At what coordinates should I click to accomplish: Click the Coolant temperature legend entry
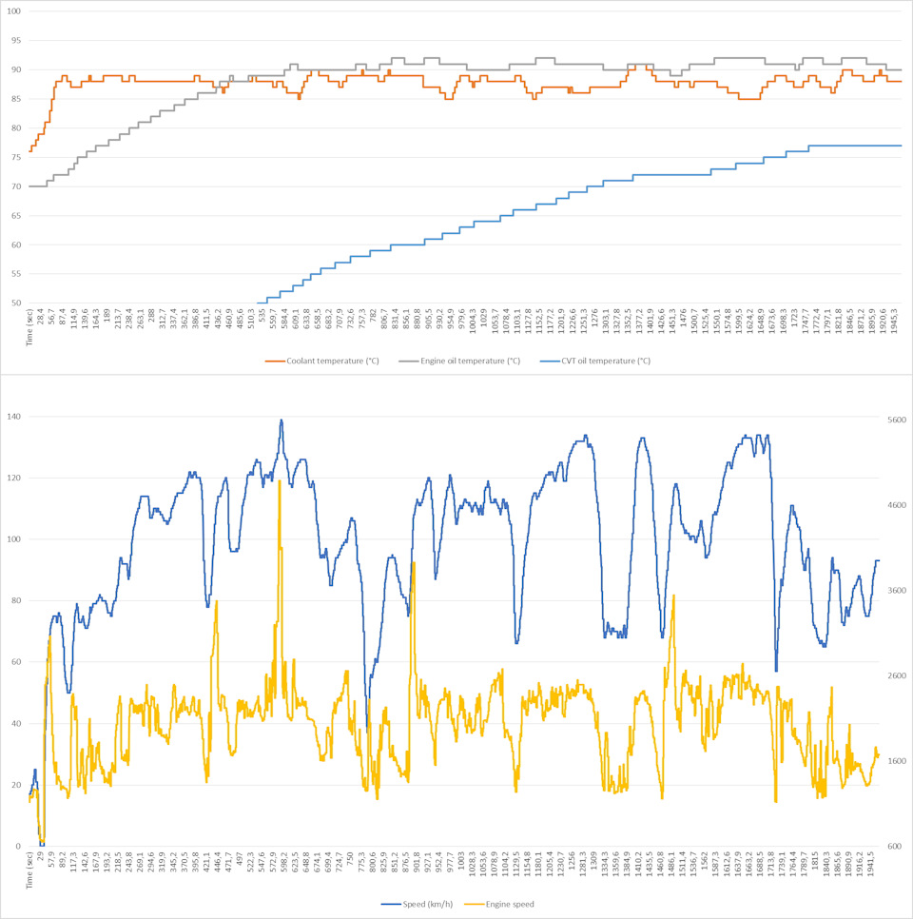[325, 362]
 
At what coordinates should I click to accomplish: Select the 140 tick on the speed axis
[14, 417]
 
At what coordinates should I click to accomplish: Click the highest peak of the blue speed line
[282, 420]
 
